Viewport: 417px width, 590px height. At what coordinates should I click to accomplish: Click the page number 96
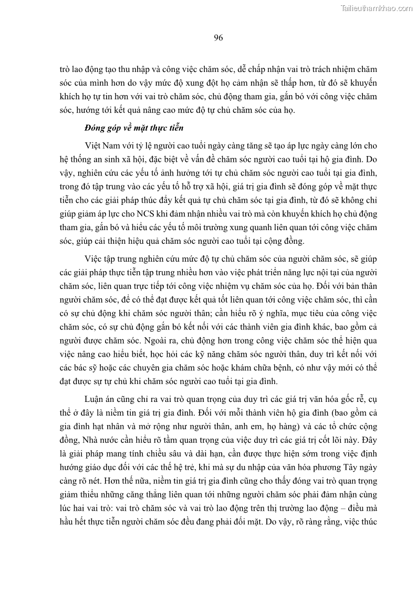click(x=219, y=37)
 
